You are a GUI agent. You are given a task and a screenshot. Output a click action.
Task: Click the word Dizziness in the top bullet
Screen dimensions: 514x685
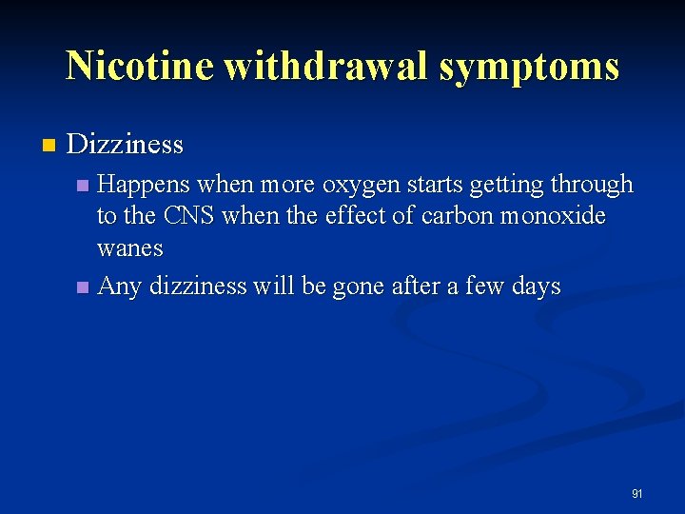tap(126, 145)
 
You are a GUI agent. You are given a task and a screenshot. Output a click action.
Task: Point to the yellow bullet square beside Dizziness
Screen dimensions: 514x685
tap(49, 146)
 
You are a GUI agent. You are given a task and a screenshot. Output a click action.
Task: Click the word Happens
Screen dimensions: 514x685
tap(142, 184)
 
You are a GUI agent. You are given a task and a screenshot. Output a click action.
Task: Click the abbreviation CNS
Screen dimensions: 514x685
tap(188, 216)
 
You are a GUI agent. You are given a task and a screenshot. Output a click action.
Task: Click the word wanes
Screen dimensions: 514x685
tap(130, 248)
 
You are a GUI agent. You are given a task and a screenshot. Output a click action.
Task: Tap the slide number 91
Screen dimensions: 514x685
tap(637, 493)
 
